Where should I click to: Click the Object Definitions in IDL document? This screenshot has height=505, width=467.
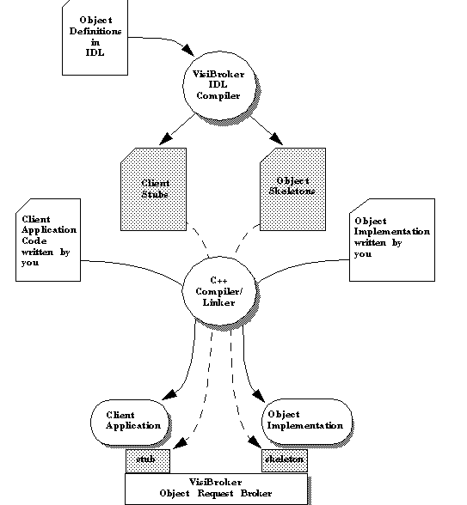click(95, 38)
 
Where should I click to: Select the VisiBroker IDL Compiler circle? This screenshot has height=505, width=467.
click(219, 87)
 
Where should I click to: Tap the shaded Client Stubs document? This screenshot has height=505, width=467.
click(153, 189)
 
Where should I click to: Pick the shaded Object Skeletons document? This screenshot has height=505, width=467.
click(292, 189)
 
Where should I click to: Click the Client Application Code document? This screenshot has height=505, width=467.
click(48, 240)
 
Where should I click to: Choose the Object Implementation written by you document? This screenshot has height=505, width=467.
click(392, 240)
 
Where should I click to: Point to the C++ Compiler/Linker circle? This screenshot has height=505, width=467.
click(219, 291)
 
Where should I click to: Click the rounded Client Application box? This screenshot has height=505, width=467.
click(130, 422)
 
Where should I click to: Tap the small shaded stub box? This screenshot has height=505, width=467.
click(148, 461)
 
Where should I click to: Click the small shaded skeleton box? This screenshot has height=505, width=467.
click(285, 460)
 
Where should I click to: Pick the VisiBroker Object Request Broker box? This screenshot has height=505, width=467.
click(217, 489)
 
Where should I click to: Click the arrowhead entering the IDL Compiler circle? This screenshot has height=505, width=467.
click(188, 50)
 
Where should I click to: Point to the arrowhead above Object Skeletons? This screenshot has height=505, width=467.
click(276, 139)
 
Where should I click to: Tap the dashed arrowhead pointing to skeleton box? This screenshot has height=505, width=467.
click(255, 442)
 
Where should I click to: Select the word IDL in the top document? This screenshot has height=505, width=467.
click(95, 52)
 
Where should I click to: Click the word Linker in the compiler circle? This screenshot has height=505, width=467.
click(218, 302)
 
